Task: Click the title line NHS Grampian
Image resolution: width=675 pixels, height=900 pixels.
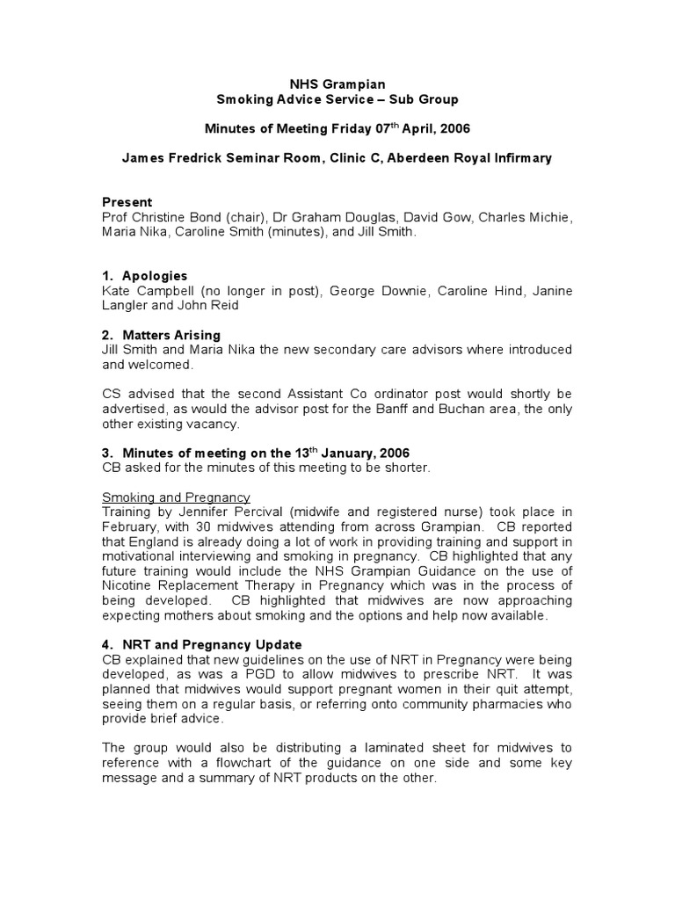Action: point(337,84)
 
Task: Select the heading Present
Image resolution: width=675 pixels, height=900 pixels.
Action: point(127,202)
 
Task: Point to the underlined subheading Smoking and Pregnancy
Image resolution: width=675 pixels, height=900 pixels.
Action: point(176,497)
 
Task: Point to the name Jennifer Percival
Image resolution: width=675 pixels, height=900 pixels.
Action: point(207,512)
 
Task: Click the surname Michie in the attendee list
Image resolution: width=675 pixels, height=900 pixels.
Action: point(550,217)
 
